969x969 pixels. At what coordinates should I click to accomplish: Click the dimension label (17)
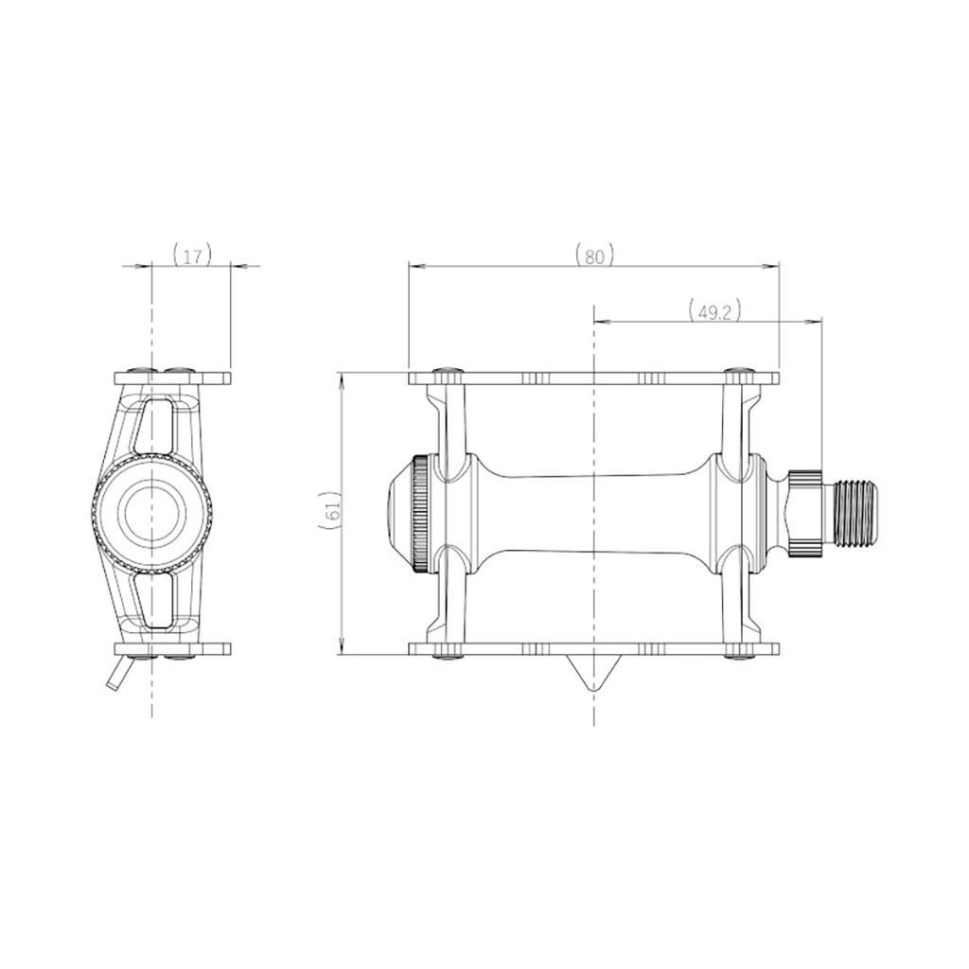click(193, 255)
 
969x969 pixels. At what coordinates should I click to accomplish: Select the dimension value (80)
click(594, 255)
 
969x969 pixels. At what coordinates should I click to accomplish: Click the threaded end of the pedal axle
click(854, 512)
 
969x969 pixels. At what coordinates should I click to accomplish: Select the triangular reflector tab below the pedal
click(593, 672)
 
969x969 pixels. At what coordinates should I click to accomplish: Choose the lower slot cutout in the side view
click(155, 600)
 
